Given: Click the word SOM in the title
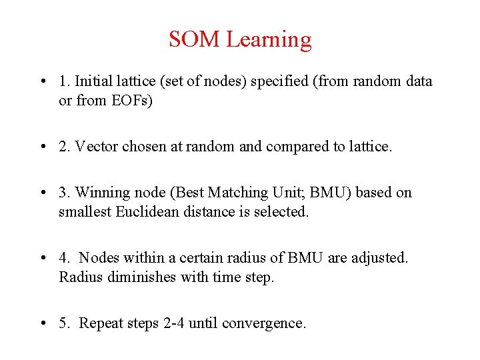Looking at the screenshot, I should (195, 40).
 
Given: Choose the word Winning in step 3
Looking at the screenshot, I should (101, 193).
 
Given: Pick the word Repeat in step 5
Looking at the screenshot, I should (101, 323).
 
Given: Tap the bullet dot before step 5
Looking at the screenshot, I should (43, 323).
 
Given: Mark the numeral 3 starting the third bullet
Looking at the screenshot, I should (63, 193).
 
